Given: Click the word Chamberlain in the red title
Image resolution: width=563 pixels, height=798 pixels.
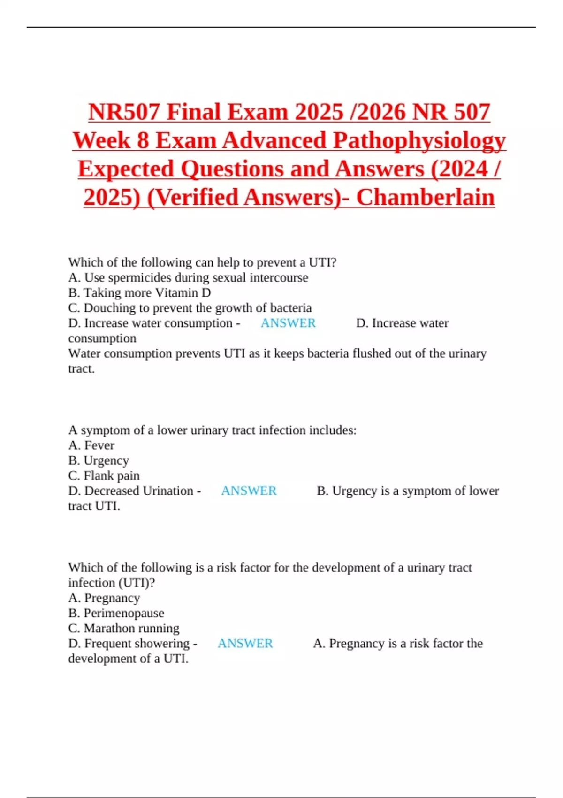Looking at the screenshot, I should pyautogui.click(x=425, y=197).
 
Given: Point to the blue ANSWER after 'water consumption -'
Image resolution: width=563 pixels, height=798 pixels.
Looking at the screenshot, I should pyautogui.click(x=288, y=323).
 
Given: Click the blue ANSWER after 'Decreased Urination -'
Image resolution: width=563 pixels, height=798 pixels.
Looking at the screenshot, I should pyautogui.click(x=249, y=491).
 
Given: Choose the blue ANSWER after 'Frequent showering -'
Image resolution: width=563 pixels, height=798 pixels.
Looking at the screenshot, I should pyautogui.click(x=245, y=643).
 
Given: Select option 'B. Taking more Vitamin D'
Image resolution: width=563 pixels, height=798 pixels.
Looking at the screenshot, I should pyautogui.click(x=139, y=292).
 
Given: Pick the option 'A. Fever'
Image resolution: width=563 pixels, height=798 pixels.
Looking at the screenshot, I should pyautogui.click(x=91, y=445).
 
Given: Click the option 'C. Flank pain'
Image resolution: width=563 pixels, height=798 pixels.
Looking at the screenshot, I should pyautogui.click(x=104, y=476).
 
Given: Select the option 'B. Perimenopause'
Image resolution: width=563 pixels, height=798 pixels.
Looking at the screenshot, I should pyautogui.click(x=116, y=613).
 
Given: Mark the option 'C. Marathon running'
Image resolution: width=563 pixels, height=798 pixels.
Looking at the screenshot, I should pyautogui.click(x=123, y=628).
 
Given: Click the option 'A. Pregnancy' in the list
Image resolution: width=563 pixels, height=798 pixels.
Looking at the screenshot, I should pyautogui.click(x=104, y=598).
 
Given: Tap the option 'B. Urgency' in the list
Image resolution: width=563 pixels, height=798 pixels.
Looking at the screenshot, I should pyautogui.click(x=98, y=460).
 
